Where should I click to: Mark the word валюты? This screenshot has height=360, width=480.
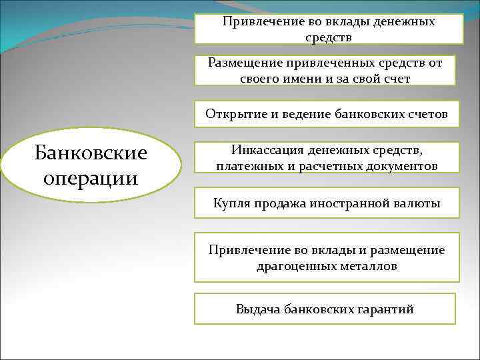click(419, 203)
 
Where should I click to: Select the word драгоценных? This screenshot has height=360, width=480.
click(291, 266)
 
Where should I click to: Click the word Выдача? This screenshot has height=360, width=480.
click(257, 309)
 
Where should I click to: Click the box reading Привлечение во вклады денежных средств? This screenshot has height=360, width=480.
click(328, 29)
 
